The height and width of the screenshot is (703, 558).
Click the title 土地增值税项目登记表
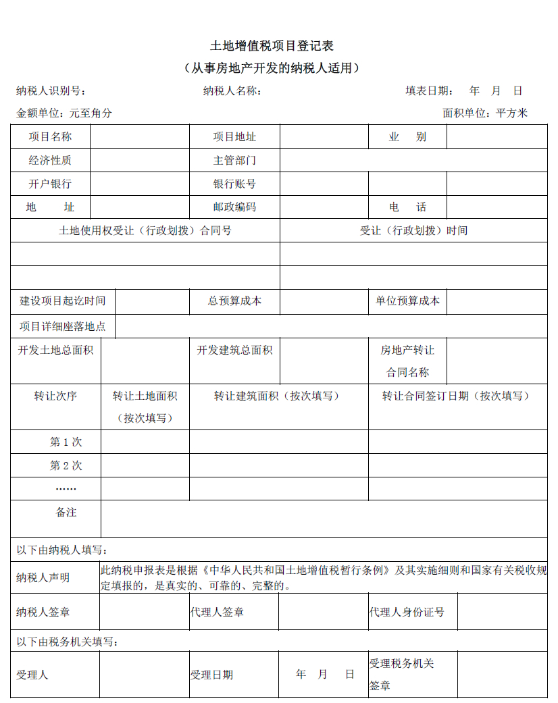(x=272, y=46)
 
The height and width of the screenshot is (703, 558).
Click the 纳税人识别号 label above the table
(x=51, y=91)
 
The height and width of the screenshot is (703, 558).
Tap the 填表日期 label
(x=429, y=91)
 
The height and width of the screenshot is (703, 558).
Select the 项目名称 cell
(x=50, y=137)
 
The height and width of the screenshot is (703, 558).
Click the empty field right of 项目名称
(x=140, y=137)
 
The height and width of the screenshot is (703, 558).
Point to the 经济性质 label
(x=50, y=161)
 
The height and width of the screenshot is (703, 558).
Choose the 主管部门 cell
(x=234, y=161)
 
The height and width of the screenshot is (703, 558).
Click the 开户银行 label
(x=50, y=184)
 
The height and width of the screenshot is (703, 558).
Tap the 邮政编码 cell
(x=234, y=207)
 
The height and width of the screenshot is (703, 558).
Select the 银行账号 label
(x=234, y=184)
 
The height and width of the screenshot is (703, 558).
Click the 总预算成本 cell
(x=234, y=301)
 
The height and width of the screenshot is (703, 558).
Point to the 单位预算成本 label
(x=407, y=301)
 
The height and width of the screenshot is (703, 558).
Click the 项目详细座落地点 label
(x=63, y=326)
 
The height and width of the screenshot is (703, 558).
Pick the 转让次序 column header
(x=55, y=396)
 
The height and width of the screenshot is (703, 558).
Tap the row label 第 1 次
(x=66, y=442)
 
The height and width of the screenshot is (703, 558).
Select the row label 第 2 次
(x=66, y=466)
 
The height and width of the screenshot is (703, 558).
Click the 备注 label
(x=66, y=513)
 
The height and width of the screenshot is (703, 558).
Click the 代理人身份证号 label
(x=407, y=612)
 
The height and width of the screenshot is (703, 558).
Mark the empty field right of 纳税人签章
(x=144, y=612)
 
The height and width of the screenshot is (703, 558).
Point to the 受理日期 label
(x=211, y=675)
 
